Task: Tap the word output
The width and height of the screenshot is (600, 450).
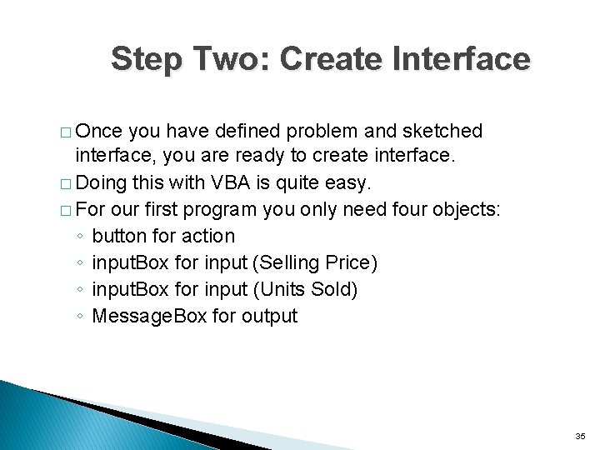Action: click(268, 316)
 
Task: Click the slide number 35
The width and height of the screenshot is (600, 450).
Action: click(580, 435)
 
